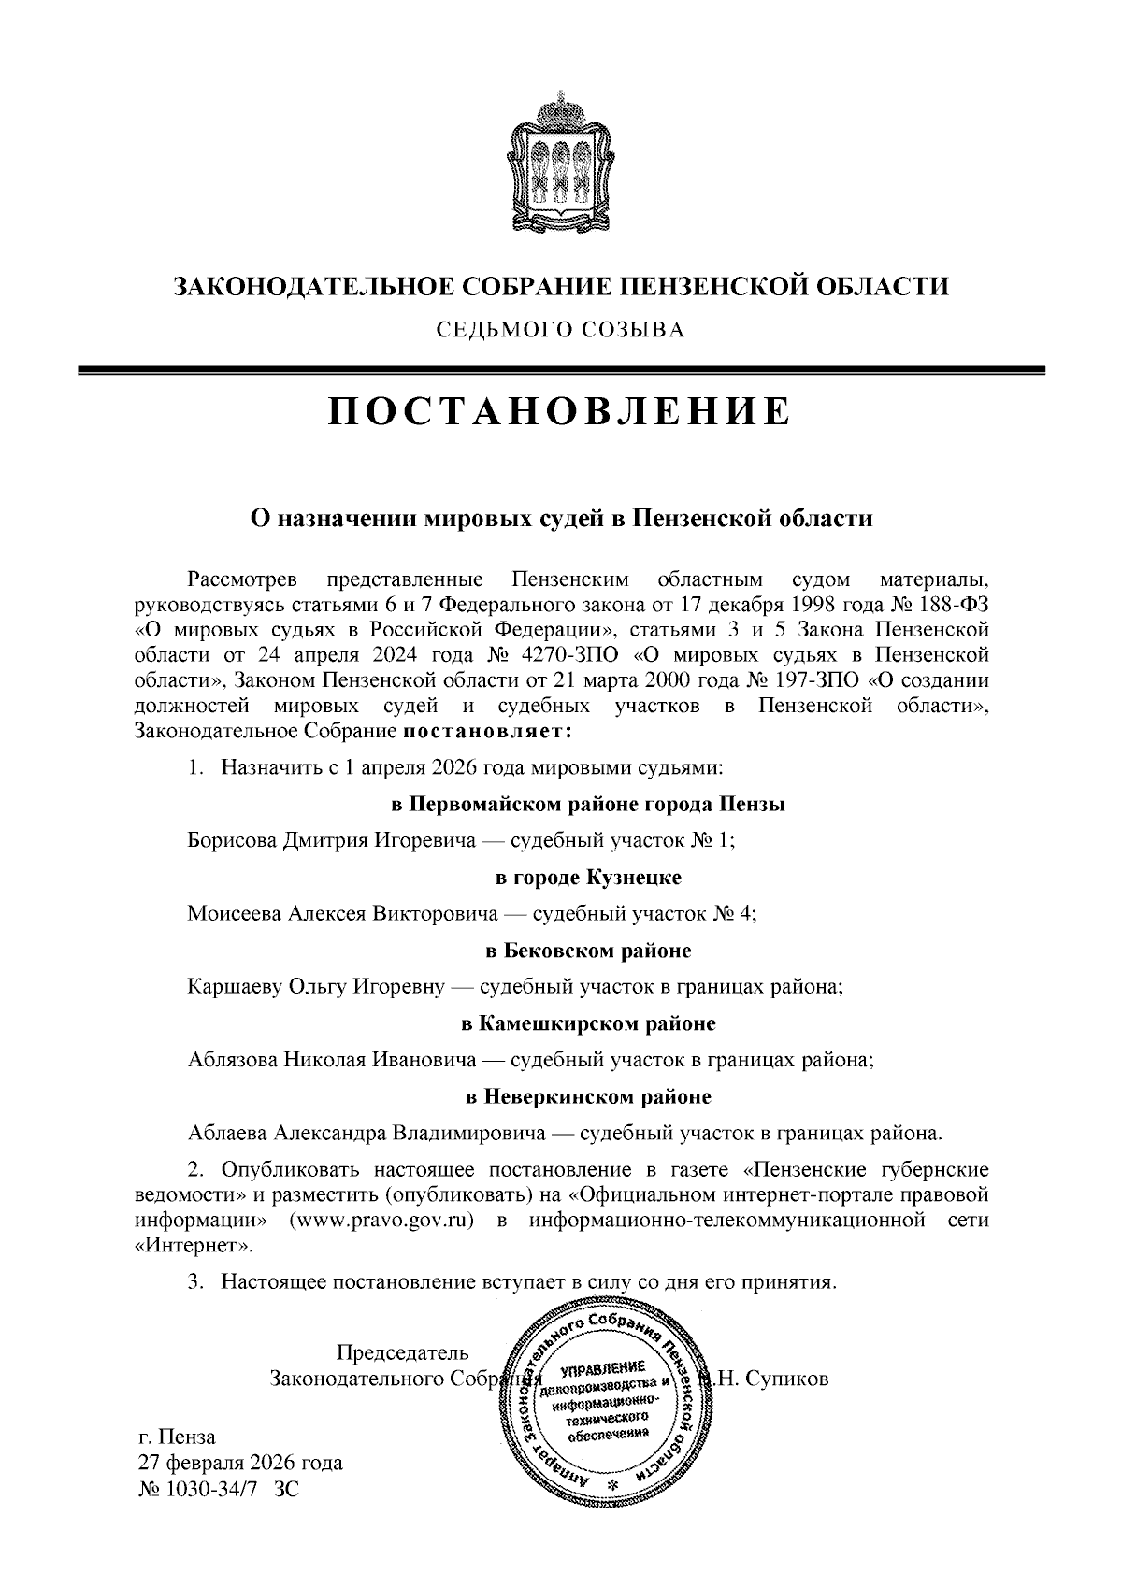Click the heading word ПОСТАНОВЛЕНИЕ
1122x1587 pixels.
click(x=560, y=411)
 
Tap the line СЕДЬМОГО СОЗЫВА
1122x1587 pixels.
click(x=560, y=329)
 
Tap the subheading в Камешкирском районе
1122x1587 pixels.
click(x=588, y=1023)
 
